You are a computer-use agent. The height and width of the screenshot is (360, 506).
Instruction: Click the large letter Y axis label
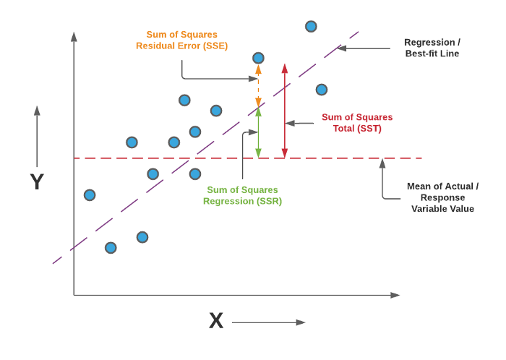37,181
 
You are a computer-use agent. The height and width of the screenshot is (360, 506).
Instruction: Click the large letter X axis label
216,321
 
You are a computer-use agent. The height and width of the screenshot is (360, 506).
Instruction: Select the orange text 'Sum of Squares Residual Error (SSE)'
181,40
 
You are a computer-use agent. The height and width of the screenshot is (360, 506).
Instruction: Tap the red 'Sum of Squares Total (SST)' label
357,123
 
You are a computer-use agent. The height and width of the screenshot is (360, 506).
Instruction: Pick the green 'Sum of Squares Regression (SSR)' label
242,195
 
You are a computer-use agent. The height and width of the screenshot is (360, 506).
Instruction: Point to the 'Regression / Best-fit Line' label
432,48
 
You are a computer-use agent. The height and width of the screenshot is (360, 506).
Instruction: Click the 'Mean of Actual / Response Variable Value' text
442,197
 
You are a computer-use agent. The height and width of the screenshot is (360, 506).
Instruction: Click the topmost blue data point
311,27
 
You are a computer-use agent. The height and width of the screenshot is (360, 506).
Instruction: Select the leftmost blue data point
90,195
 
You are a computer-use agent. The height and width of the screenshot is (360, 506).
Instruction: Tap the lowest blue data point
111,248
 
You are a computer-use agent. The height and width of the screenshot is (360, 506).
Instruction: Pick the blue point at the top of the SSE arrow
258,58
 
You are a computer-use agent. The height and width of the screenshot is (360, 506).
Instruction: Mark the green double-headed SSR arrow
258,133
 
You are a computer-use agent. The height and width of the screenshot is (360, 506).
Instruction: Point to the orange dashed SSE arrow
258,86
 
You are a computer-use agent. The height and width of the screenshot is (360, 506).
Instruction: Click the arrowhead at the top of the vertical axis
74,36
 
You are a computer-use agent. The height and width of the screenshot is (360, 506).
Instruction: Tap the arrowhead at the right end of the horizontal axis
395,295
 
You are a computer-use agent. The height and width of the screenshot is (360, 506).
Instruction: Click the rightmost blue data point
322,90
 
